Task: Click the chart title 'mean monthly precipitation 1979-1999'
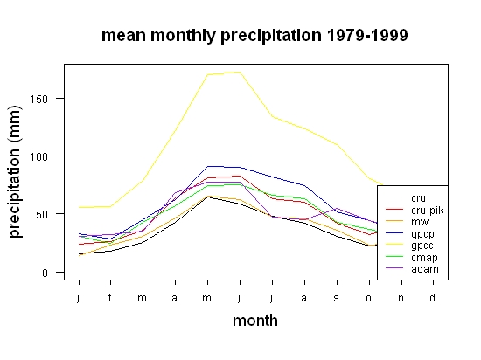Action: coord(254,36)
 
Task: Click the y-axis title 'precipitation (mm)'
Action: coord(15,171)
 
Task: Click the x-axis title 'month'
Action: coord(255,321)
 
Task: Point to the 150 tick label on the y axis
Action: coord(38,99)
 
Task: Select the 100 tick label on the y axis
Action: coord(38,157)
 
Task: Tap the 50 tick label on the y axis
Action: coord(42,214)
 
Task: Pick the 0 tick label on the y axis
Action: coord(45,273)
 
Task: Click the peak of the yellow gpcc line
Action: coord(240,72)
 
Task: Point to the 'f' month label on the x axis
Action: coord(110,297)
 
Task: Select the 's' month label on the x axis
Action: coord(336,298)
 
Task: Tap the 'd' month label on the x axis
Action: coord(432,297)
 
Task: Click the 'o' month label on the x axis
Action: coord(368,298)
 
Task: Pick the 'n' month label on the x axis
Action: coord(401,298)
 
